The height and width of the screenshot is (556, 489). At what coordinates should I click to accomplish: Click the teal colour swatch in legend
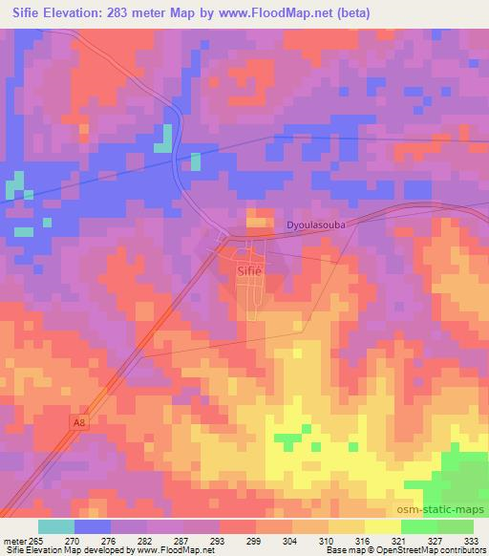pos(56,526)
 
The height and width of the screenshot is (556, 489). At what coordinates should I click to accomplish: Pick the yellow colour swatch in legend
pos(382,526)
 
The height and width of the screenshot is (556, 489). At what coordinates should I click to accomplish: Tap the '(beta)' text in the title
pos(351,13)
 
